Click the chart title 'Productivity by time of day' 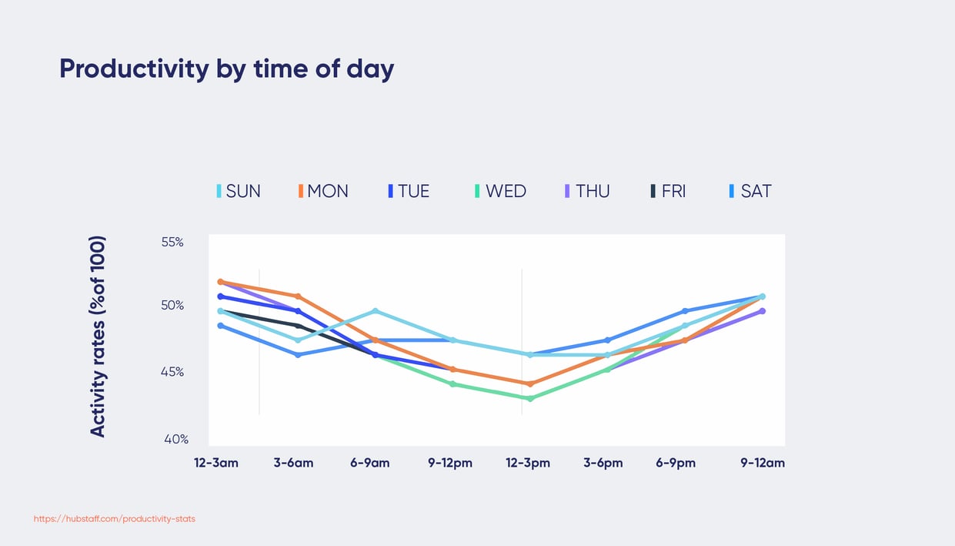[x=226, y=69]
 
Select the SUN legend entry [x=239, y=191]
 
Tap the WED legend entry [x=501, y=191]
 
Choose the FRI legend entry [x=668, y=191]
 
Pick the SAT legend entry [x=750, y=191]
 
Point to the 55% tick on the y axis [x=172, y=242]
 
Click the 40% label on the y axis [x=175, y=439]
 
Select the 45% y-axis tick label [x=172, y=372]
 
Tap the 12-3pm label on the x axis [x=528, y=463]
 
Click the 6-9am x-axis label [x=369, y=463]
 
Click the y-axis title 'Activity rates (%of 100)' [x=98, y=337]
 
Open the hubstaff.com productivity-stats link [x=115, y=519]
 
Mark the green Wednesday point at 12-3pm [x=530, y=398]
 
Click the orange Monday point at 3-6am [x=298, y=296]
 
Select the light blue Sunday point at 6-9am [x=376, y=311]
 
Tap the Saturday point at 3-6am [x=298, y=355]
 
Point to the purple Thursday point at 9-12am [x=762, y=311]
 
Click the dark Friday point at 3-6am [x=298, y=326]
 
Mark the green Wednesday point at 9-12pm [x=453, y=384]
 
